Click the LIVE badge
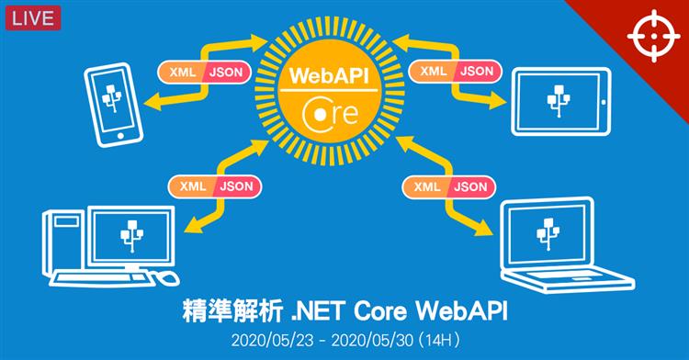tap(31, 17)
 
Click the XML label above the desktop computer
tap(192, 186)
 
